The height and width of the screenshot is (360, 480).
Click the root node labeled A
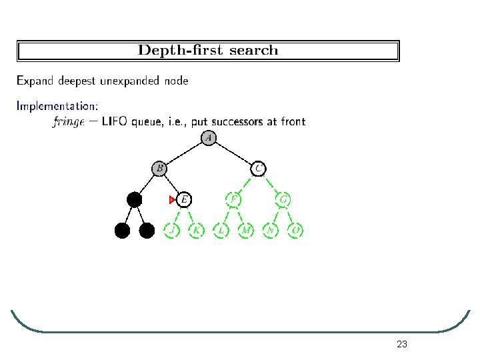coord(209,138)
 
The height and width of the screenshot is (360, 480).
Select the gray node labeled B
coord(159,168)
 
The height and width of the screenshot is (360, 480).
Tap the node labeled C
coord(258,168)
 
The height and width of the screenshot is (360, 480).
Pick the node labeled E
coord(184,199)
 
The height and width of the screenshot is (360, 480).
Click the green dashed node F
coord(233,199)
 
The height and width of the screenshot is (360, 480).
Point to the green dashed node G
coord(283,199)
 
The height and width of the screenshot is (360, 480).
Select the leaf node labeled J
coord(172,231)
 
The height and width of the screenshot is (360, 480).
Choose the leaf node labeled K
coord(196,231)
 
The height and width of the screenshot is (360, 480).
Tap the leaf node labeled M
coord(246,231)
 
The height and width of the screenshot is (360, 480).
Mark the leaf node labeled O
coord(296,231)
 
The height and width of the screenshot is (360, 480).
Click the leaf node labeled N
coord(271,231)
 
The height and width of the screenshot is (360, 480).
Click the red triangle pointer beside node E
coord(172,199)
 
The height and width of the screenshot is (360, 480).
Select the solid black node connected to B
coord(135,199)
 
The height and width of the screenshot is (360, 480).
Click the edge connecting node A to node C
coord(234,153)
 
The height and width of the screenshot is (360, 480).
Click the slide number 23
coord(401,344)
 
